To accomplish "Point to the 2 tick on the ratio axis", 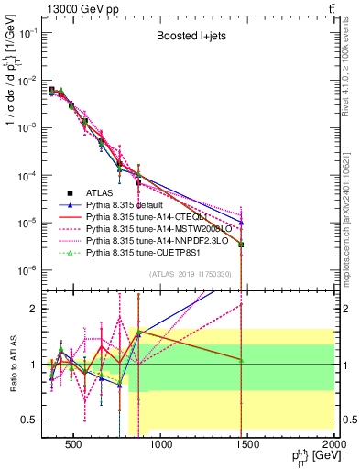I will coord(38,309).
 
